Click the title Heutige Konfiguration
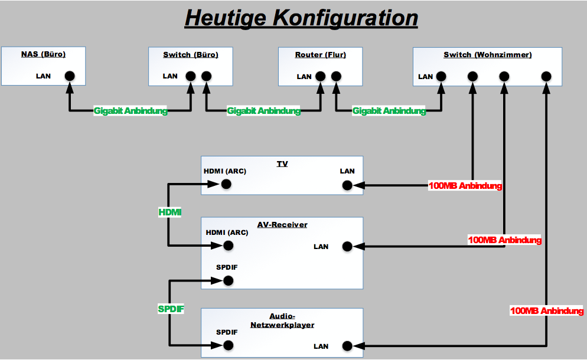coord(301,18)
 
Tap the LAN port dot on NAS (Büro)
coord(70,76)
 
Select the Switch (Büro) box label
coord(191,55)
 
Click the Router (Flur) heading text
coord(321,55)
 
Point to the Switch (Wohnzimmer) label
coord(488,55)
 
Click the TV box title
coord(282,163)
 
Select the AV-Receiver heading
coord(282,224)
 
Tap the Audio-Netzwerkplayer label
coord(282,320)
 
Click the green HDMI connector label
coord(170,212)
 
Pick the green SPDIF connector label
coord(171,309)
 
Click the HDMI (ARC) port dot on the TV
coord(226,185)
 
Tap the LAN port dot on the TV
coord(347,185)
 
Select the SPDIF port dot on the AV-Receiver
coord(228,281)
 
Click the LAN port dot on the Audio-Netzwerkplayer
coord(347,346)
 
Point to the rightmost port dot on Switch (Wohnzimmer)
coord(546,76)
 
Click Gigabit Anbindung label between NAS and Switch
coord(131,110)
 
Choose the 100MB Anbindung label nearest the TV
coord(465,186)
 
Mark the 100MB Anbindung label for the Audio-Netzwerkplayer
coord(547,311)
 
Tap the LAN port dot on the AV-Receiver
coord(347,246)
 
